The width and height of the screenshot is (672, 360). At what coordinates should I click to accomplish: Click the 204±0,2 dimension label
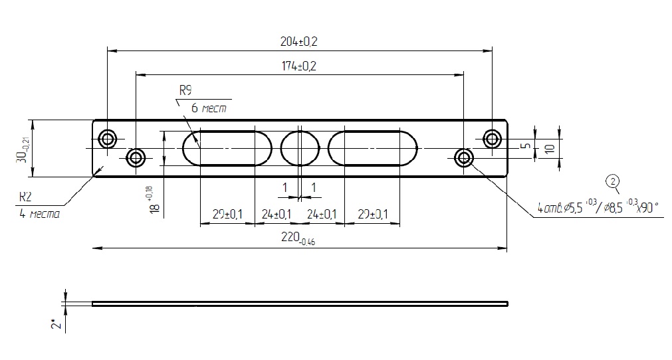point(299,41)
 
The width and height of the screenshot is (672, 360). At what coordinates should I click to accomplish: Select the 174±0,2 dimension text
point(299,66)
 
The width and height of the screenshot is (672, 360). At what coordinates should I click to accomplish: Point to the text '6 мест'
point(211,108)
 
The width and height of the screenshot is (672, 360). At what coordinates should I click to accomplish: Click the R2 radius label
point(25,197)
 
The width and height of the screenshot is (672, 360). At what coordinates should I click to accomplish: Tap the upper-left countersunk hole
point(107,139)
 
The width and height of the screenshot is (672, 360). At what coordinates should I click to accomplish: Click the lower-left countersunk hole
point(136,158)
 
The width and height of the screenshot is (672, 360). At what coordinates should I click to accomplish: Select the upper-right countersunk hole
point(492,139)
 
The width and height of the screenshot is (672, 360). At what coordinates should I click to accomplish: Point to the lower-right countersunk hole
point(463,158)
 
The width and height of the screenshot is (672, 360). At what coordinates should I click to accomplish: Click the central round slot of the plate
point(300,148)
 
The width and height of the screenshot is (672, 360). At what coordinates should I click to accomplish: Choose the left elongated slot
point(227,148)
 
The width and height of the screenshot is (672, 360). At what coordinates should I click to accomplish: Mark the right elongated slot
point(372,148)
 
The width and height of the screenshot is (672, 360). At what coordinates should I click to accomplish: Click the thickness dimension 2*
point(59,323)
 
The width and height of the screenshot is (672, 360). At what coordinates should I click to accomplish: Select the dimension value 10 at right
point(549,149)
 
